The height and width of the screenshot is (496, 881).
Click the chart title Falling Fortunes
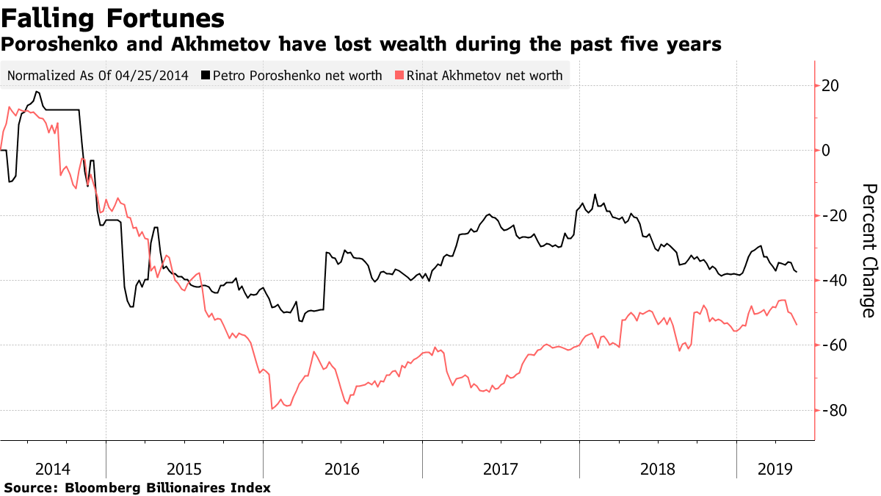coord(113,18)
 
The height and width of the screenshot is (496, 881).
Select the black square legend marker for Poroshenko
coord(206,75)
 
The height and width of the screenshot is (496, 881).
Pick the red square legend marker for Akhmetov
coord(399,75)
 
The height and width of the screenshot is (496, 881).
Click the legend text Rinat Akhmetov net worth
coord(485,75)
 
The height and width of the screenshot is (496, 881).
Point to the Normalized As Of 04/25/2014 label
coord(98,75)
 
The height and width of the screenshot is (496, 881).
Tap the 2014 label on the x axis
coord(53,468)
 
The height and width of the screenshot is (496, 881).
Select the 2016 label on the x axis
coord(342,468)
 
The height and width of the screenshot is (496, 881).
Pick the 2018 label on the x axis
coord(657,468)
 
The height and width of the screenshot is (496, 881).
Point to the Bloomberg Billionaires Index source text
coord(168,487)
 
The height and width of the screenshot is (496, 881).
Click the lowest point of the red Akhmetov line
coord(272,409)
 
